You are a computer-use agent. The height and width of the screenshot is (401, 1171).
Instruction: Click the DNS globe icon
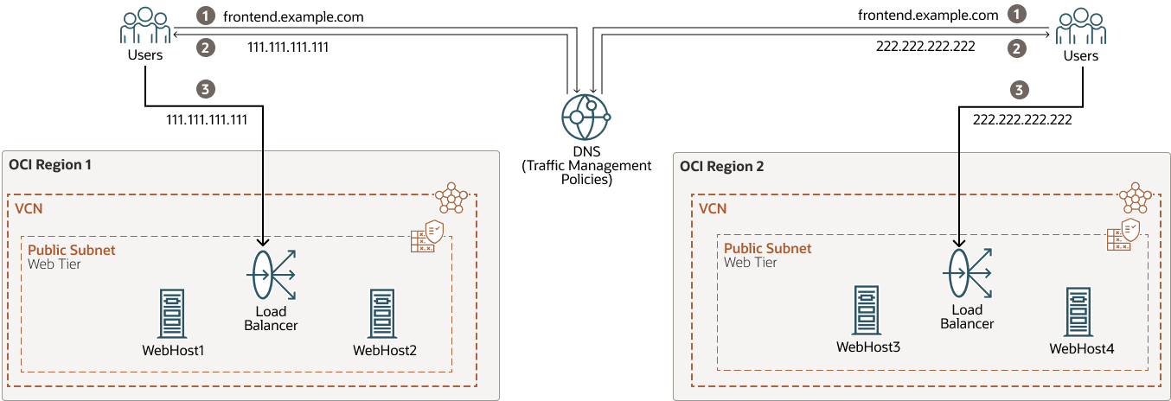point(585,118)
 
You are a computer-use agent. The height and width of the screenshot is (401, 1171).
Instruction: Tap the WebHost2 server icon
point(384,313)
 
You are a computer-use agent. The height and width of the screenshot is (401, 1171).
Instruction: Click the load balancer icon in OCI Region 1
point(271,275)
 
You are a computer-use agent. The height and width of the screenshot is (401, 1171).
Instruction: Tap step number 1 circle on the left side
point(205,16)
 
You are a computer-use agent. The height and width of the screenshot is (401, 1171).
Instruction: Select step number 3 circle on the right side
point(1021,89)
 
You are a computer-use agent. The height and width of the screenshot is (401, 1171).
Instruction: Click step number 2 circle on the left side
point(205,48)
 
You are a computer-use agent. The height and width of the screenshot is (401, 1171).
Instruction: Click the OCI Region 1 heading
point(50,164)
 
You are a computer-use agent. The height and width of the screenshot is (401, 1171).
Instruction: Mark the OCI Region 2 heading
point(722,166)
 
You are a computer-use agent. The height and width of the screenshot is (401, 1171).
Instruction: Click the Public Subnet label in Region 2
point(768,248)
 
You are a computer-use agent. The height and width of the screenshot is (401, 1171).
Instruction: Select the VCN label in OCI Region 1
point(29,208)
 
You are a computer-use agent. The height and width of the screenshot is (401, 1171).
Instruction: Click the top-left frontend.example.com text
point(293,16)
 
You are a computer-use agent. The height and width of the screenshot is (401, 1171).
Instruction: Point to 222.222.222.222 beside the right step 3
point(1022,120)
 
